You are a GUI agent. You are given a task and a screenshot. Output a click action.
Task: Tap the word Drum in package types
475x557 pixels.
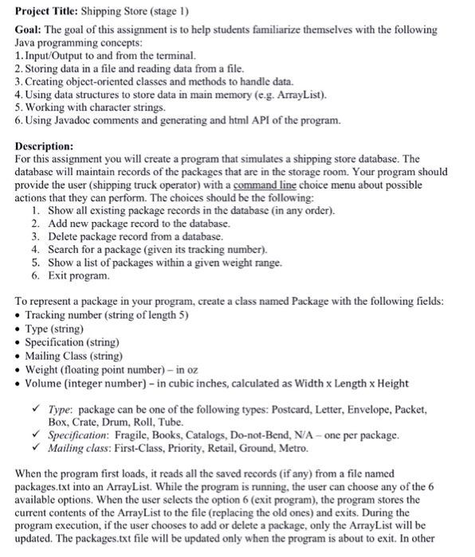tap(118, 422)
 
